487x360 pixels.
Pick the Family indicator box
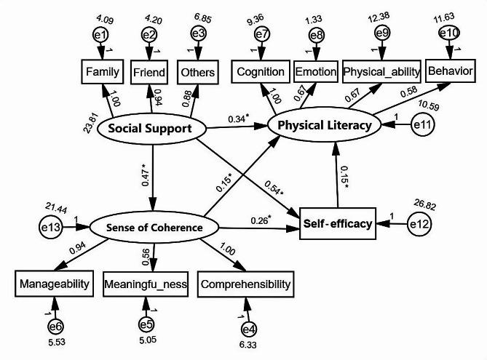pos(102,72)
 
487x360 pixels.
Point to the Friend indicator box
pos(150,72)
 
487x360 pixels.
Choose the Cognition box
pos(259,72)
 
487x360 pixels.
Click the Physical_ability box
pos(374,72)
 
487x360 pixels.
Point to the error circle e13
pos(51,227)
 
